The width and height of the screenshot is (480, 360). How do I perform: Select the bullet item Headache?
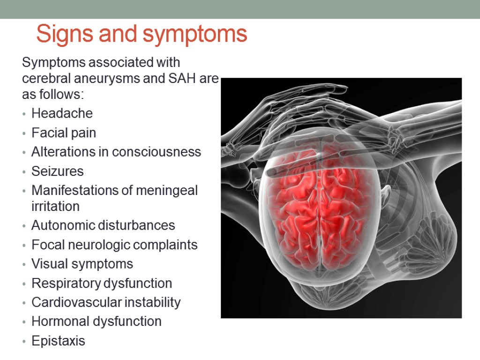[62, 113]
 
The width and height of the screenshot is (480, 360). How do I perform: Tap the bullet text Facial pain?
[64, 133]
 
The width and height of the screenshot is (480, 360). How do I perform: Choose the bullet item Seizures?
[57, 171]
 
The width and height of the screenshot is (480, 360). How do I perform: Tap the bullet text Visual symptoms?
[82, 264]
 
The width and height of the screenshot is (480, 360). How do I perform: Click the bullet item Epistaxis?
[58, 341]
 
